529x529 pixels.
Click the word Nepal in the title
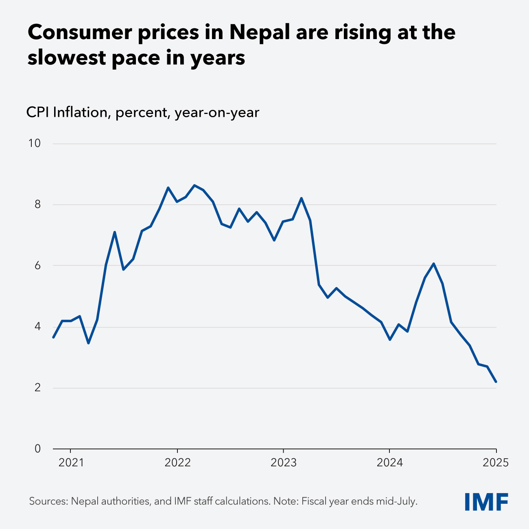[x=258, y=33]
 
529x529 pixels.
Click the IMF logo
[x=486, y=501]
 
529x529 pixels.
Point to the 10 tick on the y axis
[x=35, y=143]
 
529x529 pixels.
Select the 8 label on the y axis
[x=37, y=204]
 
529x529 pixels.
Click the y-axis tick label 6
[x=37, y=265]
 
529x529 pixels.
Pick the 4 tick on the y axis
[x=37, y=326]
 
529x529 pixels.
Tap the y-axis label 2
[x=37, y=387]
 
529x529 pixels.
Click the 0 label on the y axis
[x=37, y=448]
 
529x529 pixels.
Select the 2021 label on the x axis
[x=71, y=463]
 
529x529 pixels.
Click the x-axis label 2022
[x=177, y=463]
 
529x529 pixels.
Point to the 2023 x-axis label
[x=283, y=463]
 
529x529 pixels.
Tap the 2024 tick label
[x=389, y=463]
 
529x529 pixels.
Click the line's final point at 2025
[x=496, y=382]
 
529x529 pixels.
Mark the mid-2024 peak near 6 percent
[x=434, y=263]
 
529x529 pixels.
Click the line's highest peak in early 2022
[x=195, y=185]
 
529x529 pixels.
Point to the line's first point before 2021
[x=53, y=337]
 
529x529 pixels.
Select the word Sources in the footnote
[x=48, y=501]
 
